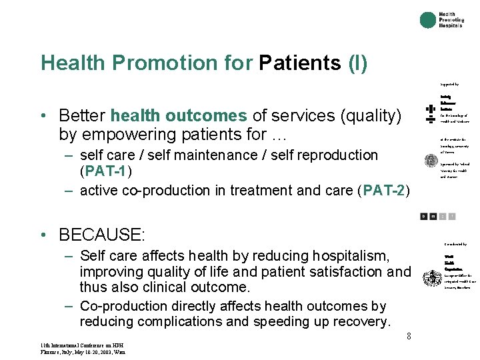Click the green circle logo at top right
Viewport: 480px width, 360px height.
(428, 20)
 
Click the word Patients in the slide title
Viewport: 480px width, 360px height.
(300, 63)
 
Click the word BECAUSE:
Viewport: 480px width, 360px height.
(101, 235)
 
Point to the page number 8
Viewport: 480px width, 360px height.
(409, 336)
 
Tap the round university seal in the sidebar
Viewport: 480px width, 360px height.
(432, 161)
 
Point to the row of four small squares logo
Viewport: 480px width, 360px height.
(438, 216)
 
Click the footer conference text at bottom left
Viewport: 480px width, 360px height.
(83, 348)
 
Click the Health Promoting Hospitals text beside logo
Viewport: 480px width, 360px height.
(451, 20)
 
